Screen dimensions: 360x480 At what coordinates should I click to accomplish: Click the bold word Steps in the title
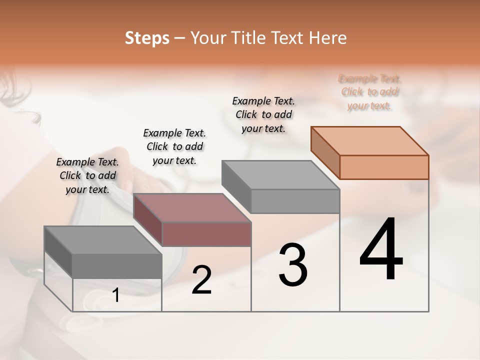pos(147,38)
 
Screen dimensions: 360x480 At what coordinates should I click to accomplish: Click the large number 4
pos(381,249)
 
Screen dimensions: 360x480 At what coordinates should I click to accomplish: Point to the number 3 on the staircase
pos(293,265)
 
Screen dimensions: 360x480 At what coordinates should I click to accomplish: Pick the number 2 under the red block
pos(201,280)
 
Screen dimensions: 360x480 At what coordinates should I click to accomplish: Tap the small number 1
pos(116,295)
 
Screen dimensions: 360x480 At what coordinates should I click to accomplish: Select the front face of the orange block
pos(384,167)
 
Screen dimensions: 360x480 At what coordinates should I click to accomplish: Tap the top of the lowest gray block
pos(103,240)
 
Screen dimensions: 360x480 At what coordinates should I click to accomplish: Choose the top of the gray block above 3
pos(280,174)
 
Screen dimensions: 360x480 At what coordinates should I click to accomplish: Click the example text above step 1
pos(87,175)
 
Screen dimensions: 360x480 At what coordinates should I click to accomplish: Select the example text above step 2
pos(174,146)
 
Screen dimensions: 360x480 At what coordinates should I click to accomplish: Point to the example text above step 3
pos(263,114)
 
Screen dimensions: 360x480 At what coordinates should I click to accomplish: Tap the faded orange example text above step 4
pos(369,92)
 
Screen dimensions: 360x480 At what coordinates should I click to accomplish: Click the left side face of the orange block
pos(325,152)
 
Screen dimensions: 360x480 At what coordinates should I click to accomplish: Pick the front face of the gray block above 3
pos(295,201)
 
